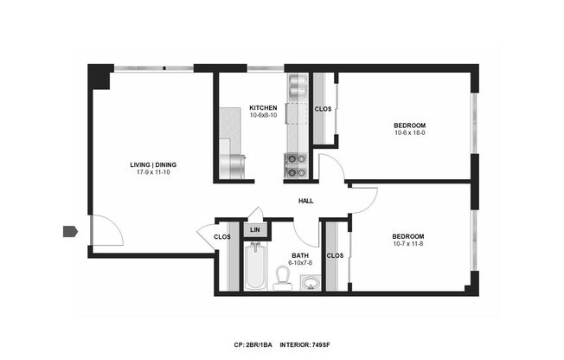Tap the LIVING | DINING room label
[x=153, y=164]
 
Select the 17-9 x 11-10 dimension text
[x=153, y=173]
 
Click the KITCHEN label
[x=263, y=108]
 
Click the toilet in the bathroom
[x=282, y=277]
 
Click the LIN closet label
[x=255, y=230]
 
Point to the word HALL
[x=305, y=202]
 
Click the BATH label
[x=300, y=255]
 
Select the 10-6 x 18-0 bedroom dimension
[x=410, y=133]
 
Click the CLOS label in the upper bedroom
[x=323, y=109]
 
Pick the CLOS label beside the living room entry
[x=222, y=236]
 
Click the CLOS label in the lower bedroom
[x=336, y=255]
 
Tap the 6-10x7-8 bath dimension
[x=300, y=263]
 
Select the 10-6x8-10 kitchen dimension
[x=263, y=116]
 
